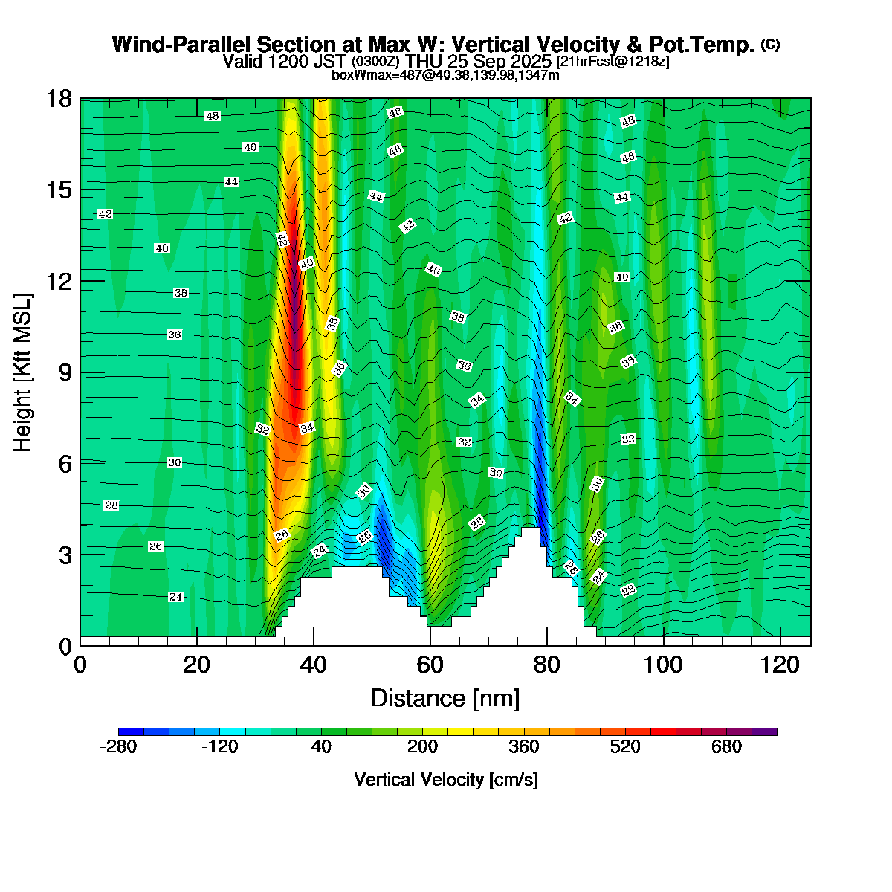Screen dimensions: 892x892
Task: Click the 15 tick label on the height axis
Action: [59, 190]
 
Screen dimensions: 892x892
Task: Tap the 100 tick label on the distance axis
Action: [662, 664]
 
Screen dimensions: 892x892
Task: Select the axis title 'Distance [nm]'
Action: [445, 699]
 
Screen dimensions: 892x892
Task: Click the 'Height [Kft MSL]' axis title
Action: [23, 372]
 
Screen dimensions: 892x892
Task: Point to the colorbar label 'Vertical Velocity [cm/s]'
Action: [446, 780]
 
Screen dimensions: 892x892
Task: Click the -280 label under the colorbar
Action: [118, 747]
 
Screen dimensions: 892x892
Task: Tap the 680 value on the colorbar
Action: [726, 747]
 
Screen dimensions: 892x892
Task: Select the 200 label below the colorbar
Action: [422, 747]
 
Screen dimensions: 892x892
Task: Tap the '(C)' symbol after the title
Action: [770, 45]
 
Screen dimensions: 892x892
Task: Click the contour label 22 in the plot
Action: [629, 591]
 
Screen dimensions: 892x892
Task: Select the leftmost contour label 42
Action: [106, 214]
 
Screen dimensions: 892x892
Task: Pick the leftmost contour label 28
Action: [111, 505]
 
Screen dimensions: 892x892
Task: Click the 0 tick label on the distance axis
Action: [80, 664]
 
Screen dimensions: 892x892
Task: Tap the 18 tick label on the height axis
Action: [59, 99]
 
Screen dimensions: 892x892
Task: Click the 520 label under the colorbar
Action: [624, 747]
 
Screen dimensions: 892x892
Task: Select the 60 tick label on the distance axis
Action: [430, 664]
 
